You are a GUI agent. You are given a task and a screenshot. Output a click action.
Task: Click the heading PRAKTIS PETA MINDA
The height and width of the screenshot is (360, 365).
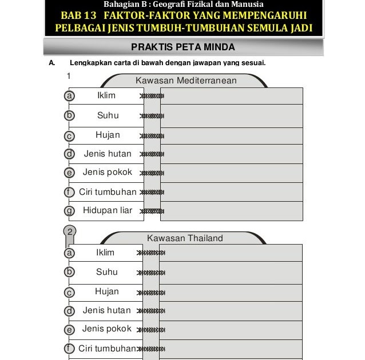pyautogui.click(x=182, y=47)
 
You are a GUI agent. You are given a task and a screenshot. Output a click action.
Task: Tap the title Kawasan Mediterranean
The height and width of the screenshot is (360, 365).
pyautogui.click(x=186, y=81)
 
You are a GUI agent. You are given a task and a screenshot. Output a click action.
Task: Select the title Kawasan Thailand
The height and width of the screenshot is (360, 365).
pyautogui.click(x=185, y=238)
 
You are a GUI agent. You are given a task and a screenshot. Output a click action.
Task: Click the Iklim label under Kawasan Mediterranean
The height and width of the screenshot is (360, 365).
pyautogui.click(x=106, y=95)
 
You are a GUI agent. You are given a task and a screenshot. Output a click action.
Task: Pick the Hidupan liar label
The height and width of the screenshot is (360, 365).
pyautogui.click(x=108, y=210)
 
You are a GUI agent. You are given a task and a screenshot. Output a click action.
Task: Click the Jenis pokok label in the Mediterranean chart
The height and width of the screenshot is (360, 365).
pyautogui.click(x=107, y=172)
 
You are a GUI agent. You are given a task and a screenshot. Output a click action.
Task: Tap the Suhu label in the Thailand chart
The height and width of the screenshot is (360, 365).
pyautogui.click(x=107, y=272)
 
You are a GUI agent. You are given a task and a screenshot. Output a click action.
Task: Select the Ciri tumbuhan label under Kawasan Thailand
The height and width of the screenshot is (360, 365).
pyautogui.click(x=107, y=349)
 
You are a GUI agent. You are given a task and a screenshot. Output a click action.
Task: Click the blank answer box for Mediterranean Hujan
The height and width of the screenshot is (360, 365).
pyautogui.click(x=231, y=135)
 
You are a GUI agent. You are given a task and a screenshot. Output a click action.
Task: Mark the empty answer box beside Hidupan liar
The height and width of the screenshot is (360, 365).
pyautogui.click(x=231, y=211)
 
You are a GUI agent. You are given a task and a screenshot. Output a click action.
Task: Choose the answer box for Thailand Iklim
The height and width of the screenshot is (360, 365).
pyautogui.click(x=231, y=253)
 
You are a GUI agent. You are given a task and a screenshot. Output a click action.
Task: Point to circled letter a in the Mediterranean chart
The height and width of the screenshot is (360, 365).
pyautogui.click(x=70, y=96)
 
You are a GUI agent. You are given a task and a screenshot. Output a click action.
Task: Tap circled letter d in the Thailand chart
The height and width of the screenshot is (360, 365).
pyautogui.click(x=70, y=311)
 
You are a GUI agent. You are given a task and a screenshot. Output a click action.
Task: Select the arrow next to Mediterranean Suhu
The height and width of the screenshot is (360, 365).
pyautogui.click(x=152, y=116)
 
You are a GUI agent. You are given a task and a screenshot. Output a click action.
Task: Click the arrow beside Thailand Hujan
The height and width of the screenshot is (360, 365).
pyautogui.click(x=152, y=292)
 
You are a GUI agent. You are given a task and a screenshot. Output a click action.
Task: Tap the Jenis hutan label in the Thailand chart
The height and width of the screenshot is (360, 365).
pyautogui.click(x=106, y=310)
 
